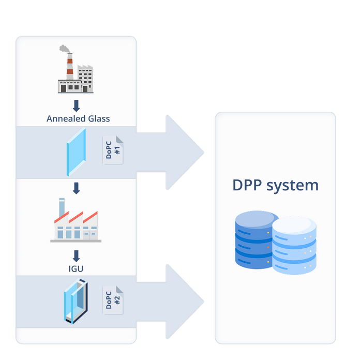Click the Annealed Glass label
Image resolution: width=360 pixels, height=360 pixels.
pos(78,118)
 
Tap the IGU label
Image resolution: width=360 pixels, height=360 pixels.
pos(76,269)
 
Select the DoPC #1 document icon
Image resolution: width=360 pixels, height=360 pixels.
pos(113,150)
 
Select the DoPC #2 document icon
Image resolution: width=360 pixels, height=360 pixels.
pos(113,299)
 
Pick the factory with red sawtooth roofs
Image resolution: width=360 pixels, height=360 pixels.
pos(76,225)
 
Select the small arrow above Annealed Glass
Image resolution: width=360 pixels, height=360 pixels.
pos(76,106)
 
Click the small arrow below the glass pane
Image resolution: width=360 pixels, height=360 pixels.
pos(76,188)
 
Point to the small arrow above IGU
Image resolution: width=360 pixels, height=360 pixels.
pos(76,256)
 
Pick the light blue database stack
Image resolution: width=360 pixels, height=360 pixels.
pos(294,246)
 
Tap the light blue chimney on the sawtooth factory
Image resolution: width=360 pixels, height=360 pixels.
pos(62,207)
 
